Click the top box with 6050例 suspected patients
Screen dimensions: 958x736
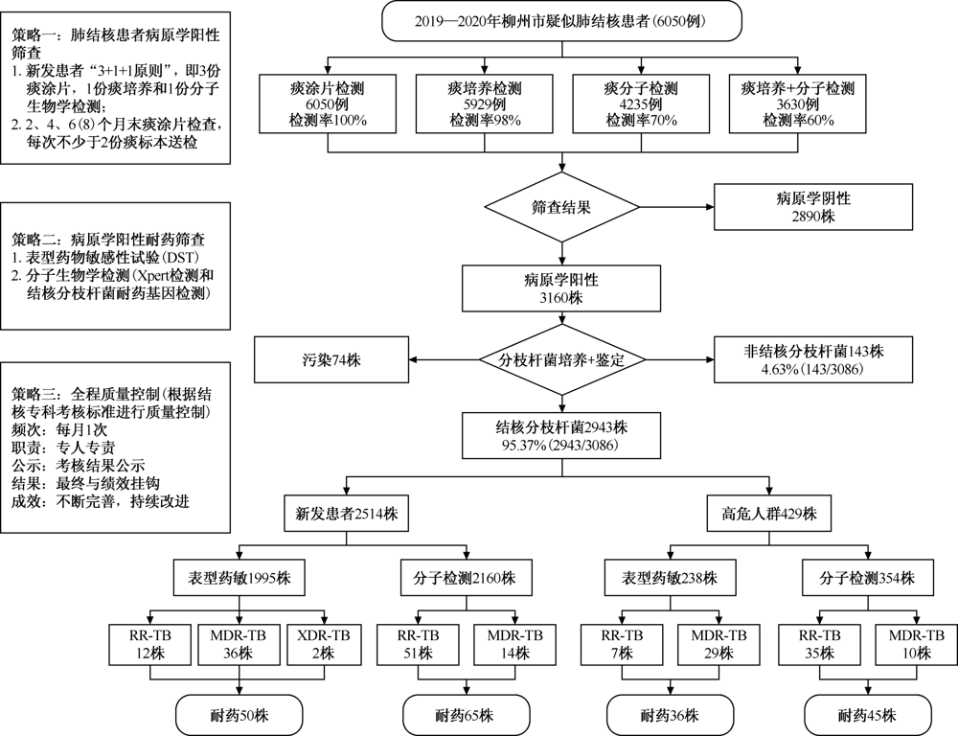coord(561,21)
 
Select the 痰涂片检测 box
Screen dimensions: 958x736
coord(328,103)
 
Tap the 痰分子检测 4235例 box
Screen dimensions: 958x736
coord(641,103)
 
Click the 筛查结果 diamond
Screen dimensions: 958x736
coord(561,207)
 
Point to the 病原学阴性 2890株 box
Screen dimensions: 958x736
coord(813,207)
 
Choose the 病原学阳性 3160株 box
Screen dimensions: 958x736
coord(561,288)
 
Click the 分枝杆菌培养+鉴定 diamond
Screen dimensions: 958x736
coord(561,360)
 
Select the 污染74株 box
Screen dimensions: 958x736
coord(331,359)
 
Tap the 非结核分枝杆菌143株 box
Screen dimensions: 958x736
coord(813,359)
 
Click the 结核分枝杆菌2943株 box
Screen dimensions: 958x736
coord(561,435)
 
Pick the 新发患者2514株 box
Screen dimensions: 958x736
coord(347,514)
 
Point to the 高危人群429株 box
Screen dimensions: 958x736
coord(768,514)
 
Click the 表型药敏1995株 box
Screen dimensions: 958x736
coord(239,577)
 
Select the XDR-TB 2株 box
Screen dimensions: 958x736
coord(323,644)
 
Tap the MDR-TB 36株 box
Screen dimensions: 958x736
coord(239,644)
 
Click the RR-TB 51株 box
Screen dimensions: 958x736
coord(418,644)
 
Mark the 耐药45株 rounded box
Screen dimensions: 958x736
coord(868,715)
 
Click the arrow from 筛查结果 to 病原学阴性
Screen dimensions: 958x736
coord(677,207)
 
